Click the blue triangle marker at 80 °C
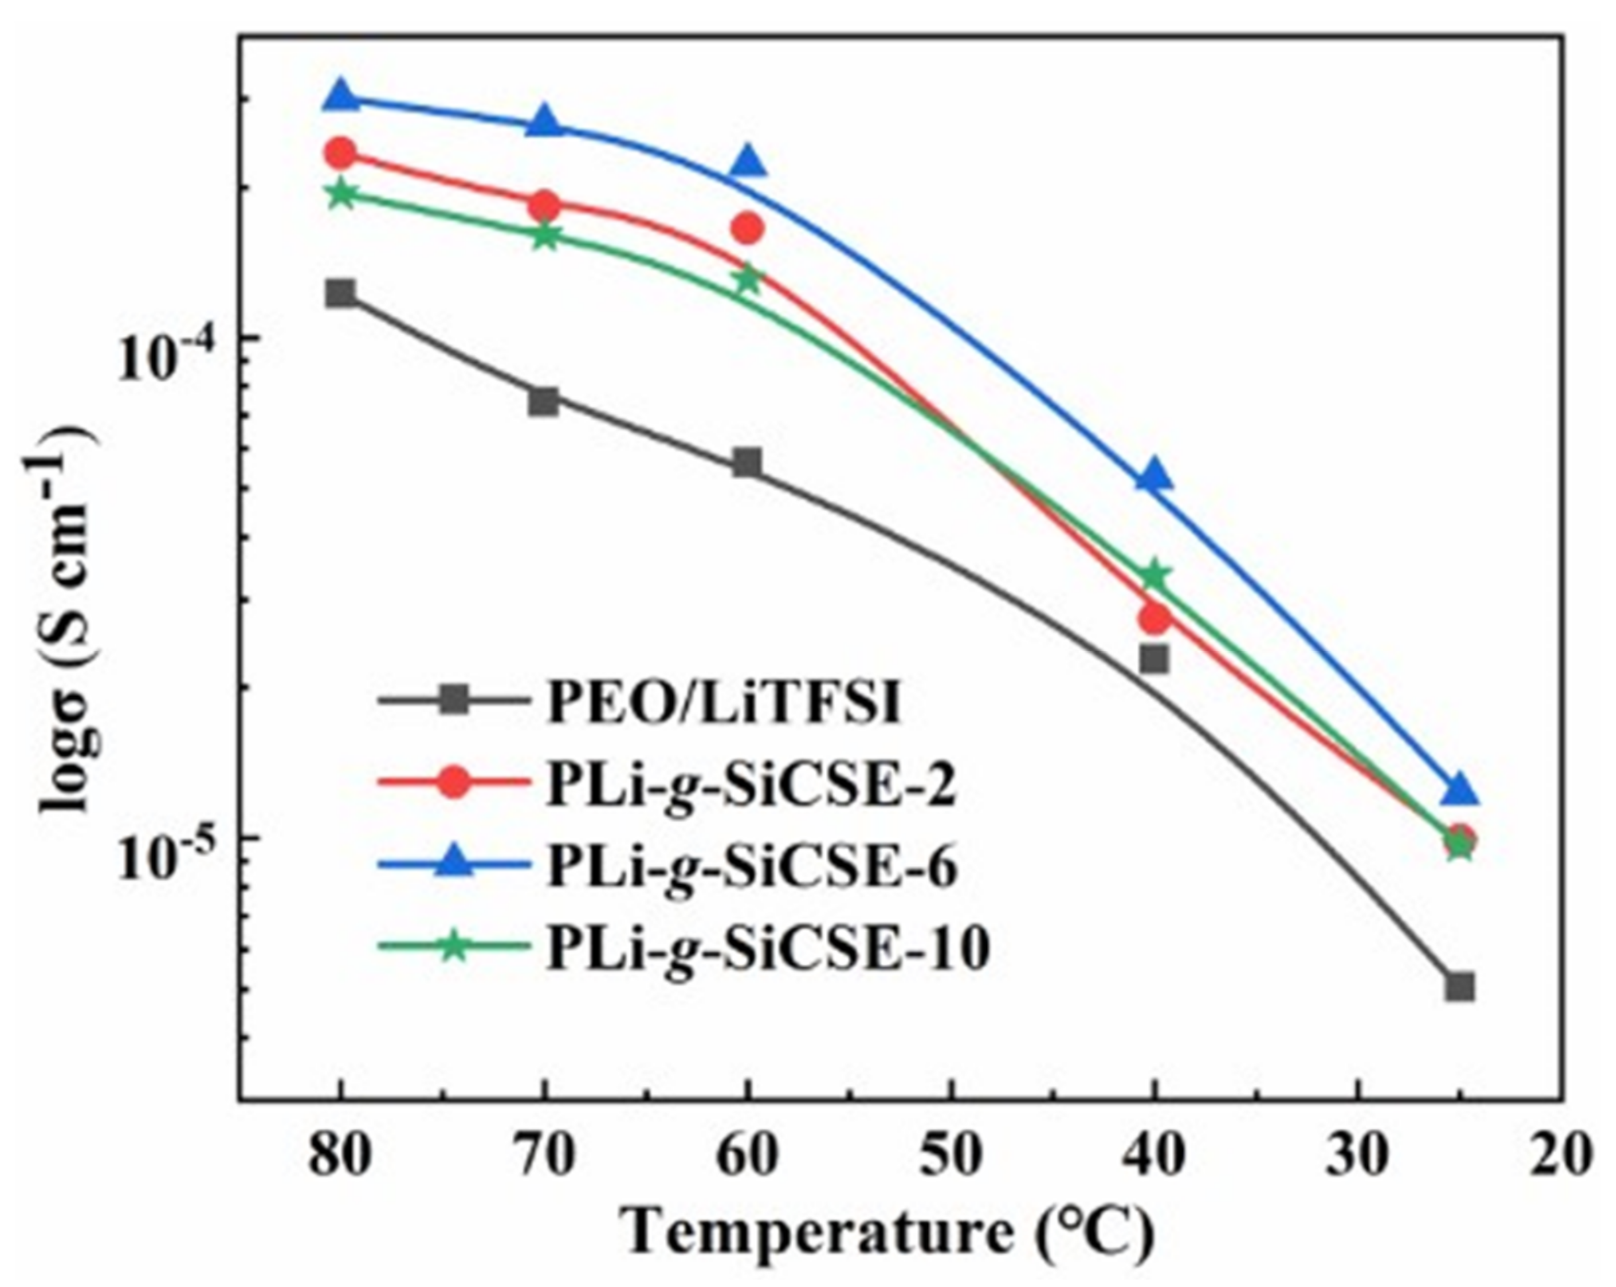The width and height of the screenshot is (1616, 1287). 341,96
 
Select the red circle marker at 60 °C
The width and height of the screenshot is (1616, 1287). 747,228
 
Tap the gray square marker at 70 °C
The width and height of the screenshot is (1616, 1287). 543,401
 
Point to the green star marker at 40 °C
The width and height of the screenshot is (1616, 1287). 1154,575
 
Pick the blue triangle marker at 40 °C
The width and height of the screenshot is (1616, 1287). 1154,478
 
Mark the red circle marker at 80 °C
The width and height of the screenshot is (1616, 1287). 341,152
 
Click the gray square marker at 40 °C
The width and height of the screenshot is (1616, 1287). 1154,659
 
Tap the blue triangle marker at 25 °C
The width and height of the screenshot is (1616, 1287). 1459,790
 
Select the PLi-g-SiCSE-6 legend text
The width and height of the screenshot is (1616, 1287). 752,866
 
